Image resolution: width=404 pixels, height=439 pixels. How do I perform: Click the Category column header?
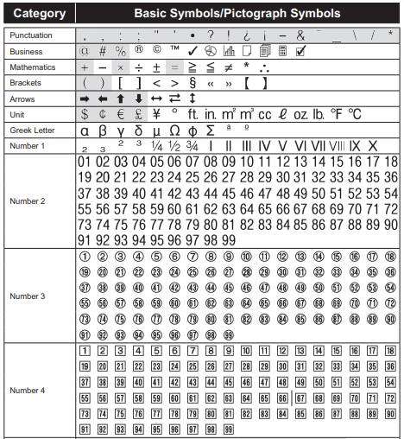pos(38,14)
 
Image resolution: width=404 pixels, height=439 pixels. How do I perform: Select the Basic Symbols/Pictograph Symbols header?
pos(237,14)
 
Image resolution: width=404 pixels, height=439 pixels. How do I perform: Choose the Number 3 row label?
pos(28,296)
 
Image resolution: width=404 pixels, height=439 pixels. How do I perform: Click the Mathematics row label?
pos(33,67)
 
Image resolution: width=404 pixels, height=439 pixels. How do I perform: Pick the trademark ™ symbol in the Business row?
pos(174,51)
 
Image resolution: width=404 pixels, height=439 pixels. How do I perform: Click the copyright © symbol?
pos(156,51)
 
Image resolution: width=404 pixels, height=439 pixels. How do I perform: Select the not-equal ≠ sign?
pos(228,67)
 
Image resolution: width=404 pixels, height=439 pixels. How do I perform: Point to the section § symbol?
pos(193,83)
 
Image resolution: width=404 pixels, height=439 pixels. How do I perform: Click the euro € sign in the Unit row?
pos(121,114)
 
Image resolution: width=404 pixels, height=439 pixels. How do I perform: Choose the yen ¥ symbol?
pos(156,114)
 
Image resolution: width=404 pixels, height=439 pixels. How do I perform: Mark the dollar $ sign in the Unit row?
pos(85,114)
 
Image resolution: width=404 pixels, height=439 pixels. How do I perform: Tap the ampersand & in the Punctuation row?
pos(300,35)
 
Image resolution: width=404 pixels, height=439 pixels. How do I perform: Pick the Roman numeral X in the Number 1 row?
pos(372,145)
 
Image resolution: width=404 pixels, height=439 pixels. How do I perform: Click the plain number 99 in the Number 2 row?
pos(229,239)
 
